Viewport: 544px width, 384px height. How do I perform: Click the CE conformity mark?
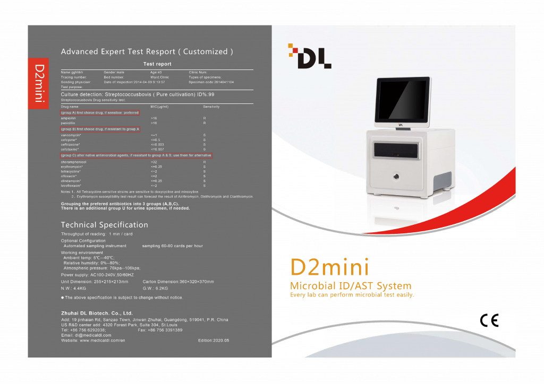[x=489, y=320]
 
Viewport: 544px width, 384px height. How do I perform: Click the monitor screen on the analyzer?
[x=403, y=100]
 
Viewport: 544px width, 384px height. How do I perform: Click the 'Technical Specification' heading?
[x=104, y=224]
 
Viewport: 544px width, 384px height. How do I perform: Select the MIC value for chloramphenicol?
[x=154, y=161]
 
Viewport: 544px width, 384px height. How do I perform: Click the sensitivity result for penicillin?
[x=204, y=123]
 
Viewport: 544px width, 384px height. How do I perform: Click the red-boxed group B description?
[x=100, y=129]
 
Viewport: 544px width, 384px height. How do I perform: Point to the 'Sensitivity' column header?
[x=211, y=107]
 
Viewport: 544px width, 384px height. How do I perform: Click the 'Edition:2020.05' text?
[x=213, y=340]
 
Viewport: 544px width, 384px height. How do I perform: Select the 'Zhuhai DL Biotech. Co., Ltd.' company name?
[x=97, y=313]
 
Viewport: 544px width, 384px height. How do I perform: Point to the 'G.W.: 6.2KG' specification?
[x=155, y=288]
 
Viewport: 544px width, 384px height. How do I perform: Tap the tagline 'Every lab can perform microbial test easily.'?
[x=352, y=295]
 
